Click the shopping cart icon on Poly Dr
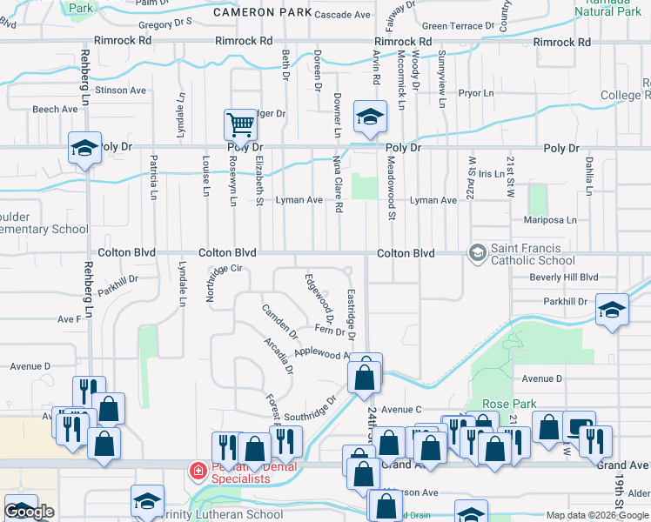tap(239, 124)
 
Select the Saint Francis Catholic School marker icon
tap(477, 253)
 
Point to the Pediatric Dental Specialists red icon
tap(198, 472)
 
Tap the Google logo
tap(29, 512)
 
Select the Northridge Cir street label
tap(222, 282)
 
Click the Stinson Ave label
tap(121, 90)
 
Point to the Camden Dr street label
tap(279, 321)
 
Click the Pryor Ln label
tap(475, 93)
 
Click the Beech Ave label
tap(56, 109)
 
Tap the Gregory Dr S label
tap(165, 23)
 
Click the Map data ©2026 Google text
tap(597, 515)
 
